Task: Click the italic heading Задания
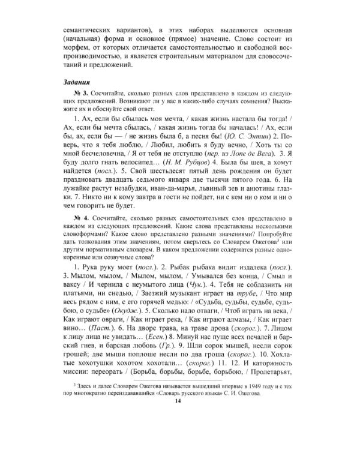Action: coord(77,82)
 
